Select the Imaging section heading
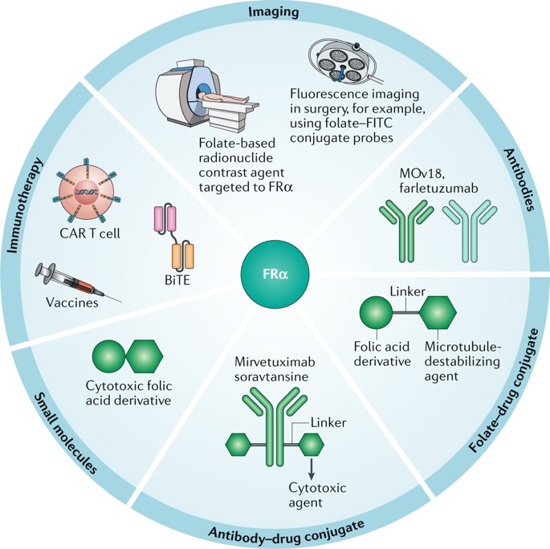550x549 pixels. tap(275, 12)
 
